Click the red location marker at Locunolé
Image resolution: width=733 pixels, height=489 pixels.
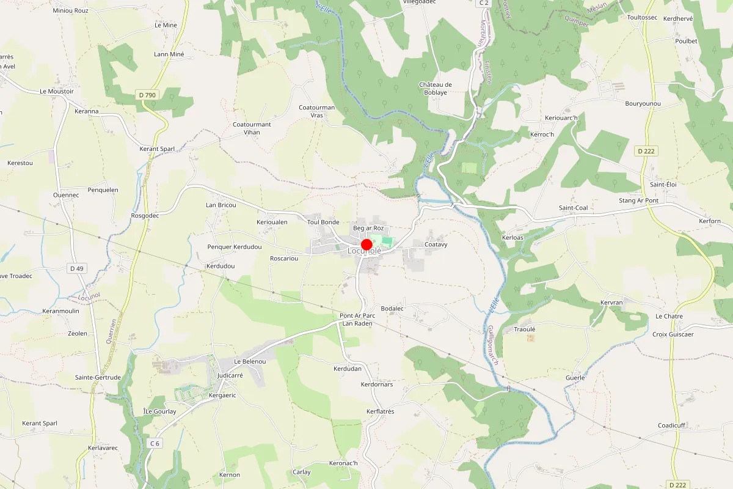click(x=366, y=244)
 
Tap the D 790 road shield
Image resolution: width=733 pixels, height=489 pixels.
click(x=147, y=95)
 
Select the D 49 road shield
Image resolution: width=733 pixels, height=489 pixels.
click(x=76, y=268)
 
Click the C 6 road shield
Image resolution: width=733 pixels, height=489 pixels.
click(x=155, y=443)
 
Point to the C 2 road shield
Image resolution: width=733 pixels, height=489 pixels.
click(x=484, y=3)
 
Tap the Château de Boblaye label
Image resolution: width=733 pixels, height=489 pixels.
click(x=436, y=89)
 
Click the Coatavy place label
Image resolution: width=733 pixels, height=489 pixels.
click(x=436, y=244)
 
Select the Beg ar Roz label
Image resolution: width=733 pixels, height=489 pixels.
click(x=368, y=228)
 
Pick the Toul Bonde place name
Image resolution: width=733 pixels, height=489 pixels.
click(x=323, y=222)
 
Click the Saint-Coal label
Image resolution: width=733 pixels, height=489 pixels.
click(x=573, y=208)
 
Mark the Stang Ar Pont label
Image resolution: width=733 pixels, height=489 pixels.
click(x=638, y=200)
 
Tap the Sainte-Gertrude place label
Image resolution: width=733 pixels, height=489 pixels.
click(x=98, y=377)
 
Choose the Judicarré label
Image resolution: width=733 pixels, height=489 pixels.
click(x=230, y=375)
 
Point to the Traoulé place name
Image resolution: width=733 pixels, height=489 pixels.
click(x=524, y=329)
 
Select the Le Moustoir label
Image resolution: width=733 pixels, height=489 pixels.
click(x=57, y=91)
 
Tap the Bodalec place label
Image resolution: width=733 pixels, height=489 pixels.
click(x=392, y=309)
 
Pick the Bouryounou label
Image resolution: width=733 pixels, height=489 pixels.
click(x=643, y=104)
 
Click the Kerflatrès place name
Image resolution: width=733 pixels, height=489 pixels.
click(x=380, y=411)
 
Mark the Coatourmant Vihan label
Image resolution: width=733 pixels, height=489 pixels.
click(x=252, y=128)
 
